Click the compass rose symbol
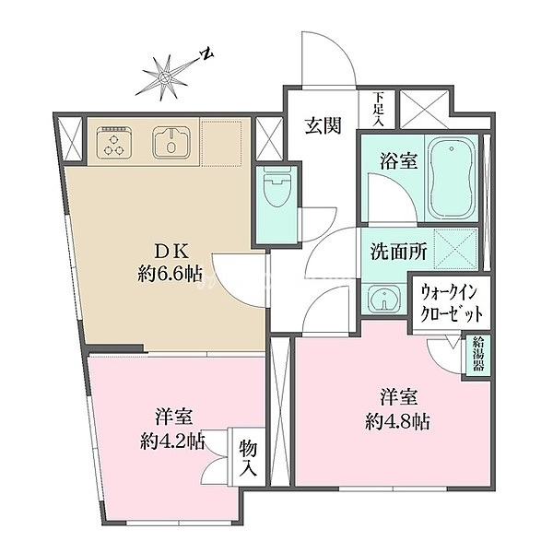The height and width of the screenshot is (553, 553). (x=164, y=76)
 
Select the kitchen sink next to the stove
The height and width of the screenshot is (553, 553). (x=171, y=142)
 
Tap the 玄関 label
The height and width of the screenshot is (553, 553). (x=324, y=125)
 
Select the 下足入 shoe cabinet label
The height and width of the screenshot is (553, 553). (x=379, y=109)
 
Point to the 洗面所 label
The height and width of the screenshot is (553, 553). (x=398, y=252)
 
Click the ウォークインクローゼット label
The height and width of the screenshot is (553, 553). (x=452, y=303)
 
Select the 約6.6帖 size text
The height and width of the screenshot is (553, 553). (x=170, y=274)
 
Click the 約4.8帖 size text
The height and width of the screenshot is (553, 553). (x=397, y=421)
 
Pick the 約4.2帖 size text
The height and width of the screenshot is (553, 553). (x=173, y=441)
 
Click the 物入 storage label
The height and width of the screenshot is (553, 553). (x=248, y=458)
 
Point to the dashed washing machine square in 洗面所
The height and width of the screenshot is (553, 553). (x=455, y=249)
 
